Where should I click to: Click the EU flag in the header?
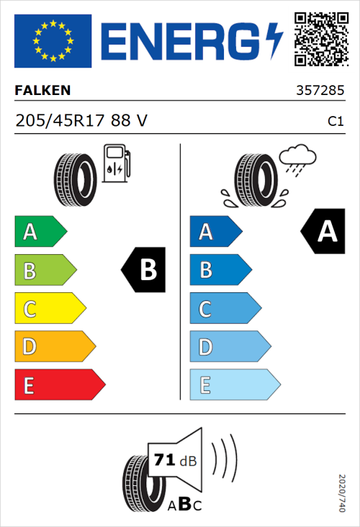click(x=53, y=41)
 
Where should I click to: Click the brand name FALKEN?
click(x=42, y=91)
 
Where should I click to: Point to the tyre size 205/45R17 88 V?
click(x=81, y=121)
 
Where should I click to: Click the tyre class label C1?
click(x=335, y=122)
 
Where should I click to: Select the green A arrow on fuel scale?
click(x=40, y=232)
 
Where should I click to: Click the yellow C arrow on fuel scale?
click(x=49, y=309)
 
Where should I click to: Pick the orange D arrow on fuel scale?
click(x=54, y=347)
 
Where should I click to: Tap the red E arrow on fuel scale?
click(x=59, y=385)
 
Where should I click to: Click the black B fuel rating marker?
click(x=144, y=270)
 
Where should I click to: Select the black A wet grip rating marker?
click(x=323, y=232)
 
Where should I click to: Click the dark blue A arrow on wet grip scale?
click(x=215, y=232)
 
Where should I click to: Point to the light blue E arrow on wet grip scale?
click(x=234, y=385)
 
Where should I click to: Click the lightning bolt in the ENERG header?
click(x=274, y=40)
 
